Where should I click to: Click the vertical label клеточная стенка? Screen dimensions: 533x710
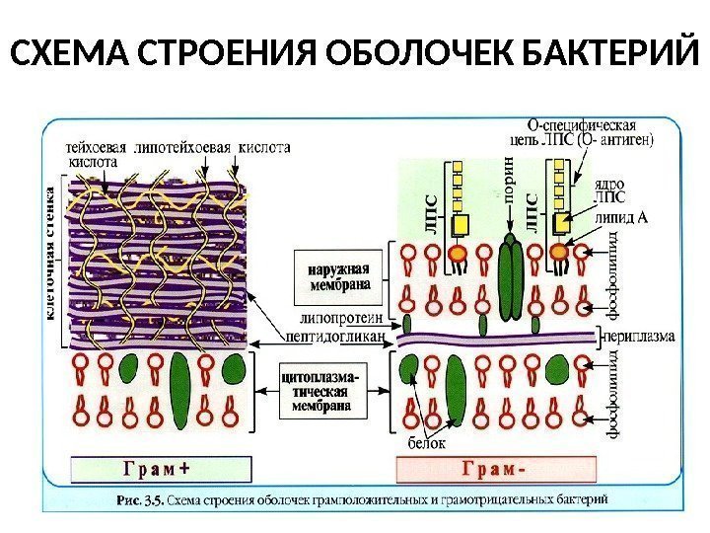[x=51, y=256]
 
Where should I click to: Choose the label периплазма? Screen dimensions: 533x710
[x=637, y=336]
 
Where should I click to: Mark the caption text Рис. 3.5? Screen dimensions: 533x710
[x=140, y=500]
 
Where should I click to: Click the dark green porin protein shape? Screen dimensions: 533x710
[x=511, y=274]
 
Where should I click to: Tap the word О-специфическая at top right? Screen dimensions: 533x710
[x=582, y=125]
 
